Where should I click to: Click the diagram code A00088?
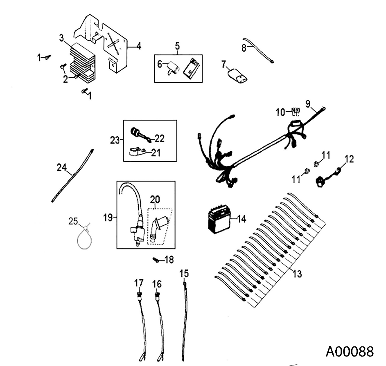click(350, 351)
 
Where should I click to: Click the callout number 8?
click(244, 48)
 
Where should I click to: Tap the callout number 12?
click(349, 159)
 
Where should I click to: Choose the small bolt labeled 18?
click(156, 259)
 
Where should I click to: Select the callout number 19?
click(108, 217)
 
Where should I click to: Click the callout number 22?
click(159, 139)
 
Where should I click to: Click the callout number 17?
click(139, 283)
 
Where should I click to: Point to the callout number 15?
click(184, 273)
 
